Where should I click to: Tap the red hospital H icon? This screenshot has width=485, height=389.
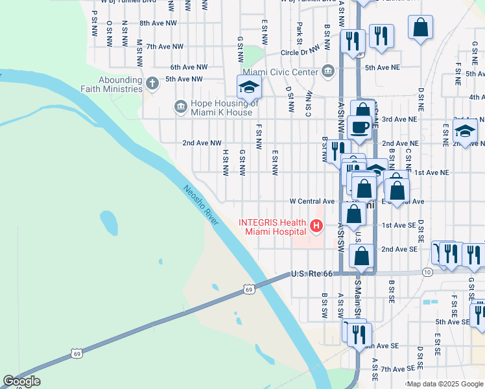point(316,226)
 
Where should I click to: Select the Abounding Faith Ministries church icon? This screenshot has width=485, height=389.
point(152,83)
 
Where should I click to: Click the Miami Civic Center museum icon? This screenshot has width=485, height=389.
point(327,71)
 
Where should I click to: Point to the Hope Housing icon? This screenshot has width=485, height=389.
point(180,106)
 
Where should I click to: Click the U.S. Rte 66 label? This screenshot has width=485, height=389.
point(311,274)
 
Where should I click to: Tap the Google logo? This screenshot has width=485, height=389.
point(22,381)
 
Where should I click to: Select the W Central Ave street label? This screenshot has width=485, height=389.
point(312,201)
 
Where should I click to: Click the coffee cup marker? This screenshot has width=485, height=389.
point(359,126)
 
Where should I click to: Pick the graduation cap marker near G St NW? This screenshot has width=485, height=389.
point(249,86)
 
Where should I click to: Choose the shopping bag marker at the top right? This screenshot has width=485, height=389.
point(421,27)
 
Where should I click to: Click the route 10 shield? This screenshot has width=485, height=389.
point(427,272)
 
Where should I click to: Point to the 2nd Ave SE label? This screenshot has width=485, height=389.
point(399,249)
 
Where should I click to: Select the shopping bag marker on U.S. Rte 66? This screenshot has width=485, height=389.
point(361,256)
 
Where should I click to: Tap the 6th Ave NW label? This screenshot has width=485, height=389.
point(189,67)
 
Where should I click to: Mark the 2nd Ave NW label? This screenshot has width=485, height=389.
point(202,143)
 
